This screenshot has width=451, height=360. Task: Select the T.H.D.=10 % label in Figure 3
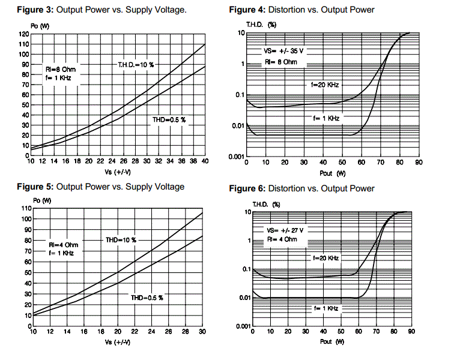[x=140, y=64]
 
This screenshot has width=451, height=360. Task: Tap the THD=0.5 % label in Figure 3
[x=170, y=120]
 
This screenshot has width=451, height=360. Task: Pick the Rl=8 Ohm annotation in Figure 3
[x=61, y=69]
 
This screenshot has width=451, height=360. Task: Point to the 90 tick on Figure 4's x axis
[x=419, y=163]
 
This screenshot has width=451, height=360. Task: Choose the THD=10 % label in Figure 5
[x=121, y=240]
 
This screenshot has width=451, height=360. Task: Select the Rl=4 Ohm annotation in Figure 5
[x=64, y=245]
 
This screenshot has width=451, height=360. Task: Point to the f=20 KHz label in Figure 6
[x=325, y=257]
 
